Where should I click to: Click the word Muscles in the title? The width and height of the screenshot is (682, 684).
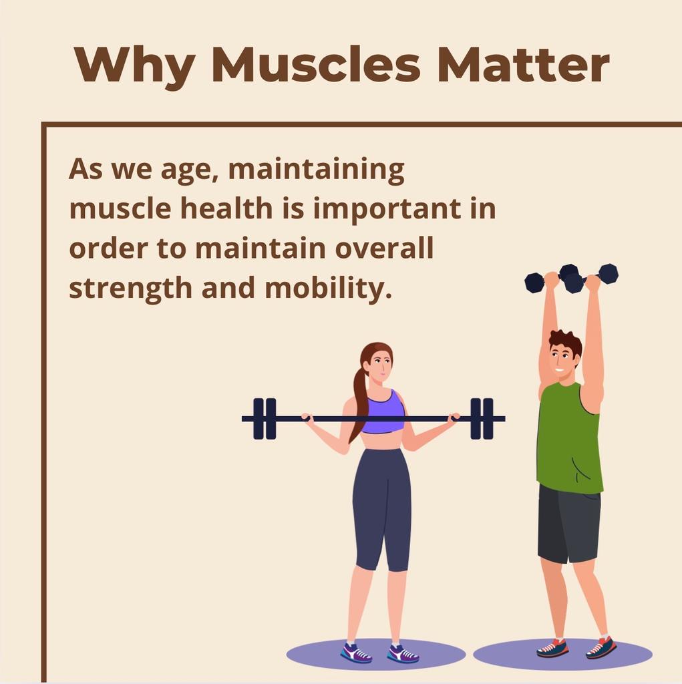[316, 64]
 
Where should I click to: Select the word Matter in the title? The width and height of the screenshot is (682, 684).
[523, 64]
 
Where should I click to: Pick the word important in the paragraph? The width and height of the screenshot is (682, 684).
[387, 209]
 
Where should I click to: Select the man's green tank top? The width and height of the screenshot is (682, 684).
[568, 438]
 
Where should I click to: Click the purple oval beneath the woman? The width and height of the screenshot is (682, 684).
[375, 655]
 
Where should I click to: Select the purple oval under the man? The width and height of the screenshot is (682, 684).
[562, 655]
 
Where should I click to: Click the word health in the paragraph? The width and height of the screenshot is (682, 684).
[226, 208]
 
